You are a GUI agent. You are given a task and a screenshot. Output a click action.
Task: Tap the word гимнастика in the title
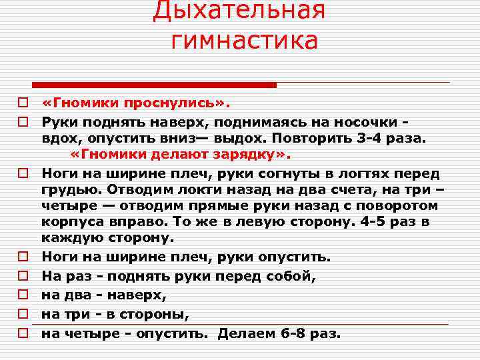point(244,41)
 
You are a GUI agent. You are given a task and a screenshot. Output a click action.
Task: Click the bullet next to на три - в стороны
point(23,313)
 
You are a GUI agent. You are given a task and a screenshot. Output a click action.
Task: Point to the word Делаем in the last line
point(246,333)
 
